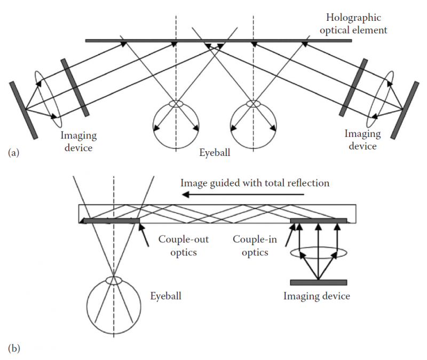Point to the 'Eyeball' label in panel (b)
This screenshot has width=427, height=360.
tap(165, 295)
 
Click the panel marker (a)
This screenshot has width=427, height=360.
tap(14, 153)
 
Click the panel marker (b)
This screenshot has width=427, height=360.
tap(14, 348)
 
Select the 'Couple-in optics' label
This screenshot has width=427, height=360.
tap(255, 246)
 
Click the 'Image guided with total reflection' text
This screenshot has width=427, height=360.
tap(255, 183)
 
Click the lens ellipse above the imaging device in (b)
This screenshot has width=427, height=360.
tap(318, 254)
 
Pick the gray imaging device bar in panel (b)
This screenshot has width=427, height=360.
tap(318, 283)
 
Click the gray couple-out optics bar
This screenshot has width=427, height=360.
tap(111, 220)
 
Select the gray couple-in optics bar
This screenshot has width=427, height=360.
tap(318, 220)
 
